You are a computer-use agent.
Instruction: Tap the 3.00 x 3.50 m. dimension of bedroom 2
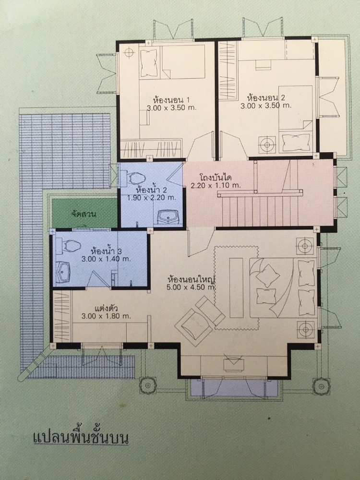266,106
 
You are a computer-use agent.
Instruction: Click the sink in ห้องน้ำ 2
167,217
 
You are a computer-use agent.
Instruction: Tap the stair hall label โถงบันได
216,178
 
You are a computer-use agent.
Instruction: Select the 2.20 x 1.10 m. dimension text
216,185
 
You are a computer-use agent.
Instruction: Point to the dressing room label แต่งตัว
104,308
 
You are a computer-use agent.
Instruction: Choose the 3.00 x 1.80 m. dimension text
107,316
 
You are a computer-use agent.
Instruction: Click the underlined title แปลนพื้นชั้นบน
80,438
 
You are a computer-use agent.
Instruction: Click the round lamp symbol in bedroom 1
129,52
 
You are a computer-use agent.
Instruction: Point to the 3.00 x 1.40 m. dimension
106,259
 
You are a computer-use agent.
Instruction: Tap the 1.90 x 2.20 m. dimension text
152,197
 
